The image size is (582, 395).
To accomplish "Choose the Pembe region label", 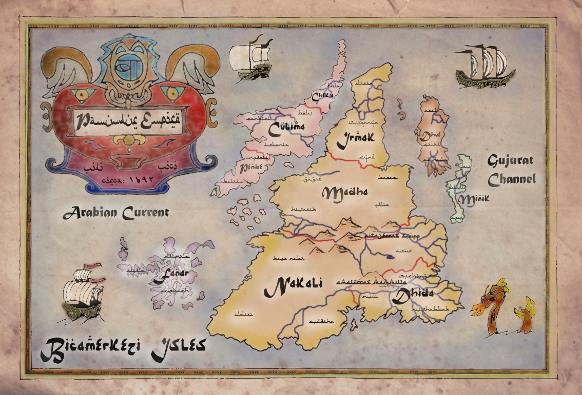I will point(251,167).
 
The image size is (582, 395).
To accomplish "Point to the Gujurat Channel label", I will point(511,170).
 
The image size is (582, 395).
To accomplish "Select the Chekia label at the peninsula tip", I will point(323,95).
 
